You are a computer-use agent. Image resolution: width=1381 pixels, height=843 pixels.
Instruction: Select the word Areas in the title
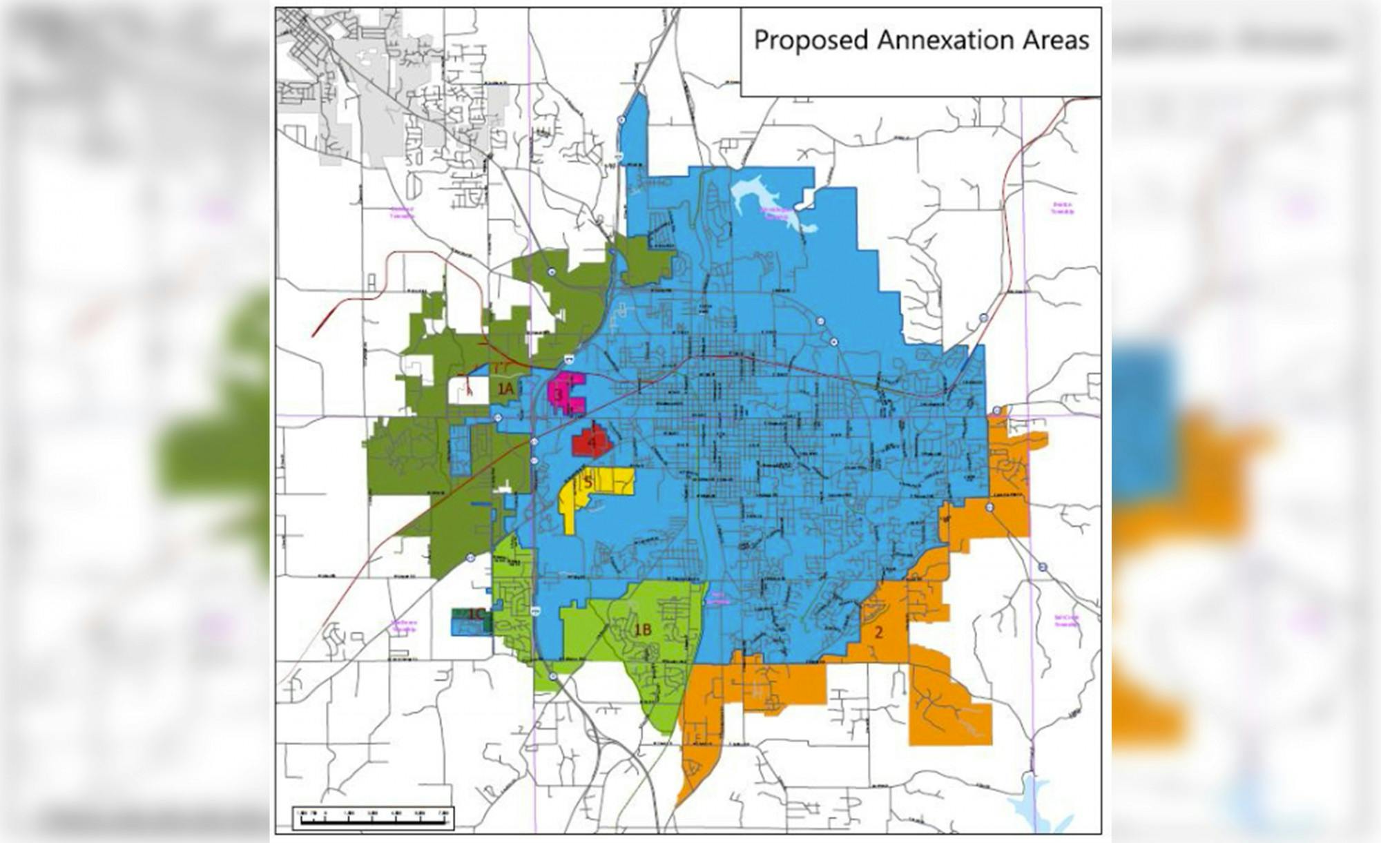pos(1054,41)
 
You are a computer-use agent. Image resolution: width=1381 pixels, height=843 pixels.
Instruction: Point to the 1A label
pos(505,389)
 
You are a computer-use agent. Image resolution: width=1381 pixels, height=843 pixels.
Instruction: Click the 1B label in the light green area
pos(643,630)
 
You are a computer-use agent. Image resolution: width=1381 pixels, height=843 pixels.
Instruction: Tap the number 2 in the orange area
pos(878,632)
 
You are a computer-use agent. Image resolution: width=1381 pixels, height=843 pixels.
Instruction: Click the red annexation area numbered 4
pos(590,442)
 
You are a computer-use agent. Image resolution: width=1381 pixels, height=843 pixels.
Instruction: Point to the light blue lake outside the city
pos(1036,801)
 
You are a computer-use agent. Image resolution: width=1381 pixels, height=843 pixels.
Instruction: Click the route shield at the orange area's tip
pos(996,411)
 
